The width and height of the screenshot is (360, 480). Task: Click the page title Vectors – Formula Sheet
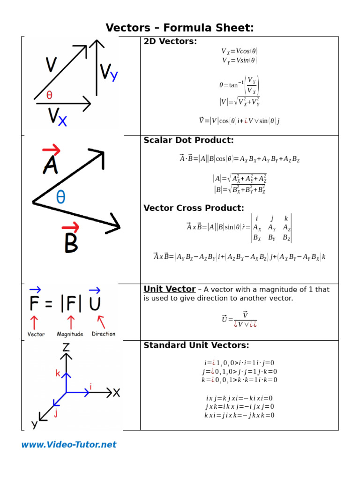[180, 28]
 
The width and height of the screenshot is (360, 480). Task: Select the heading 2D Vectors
[170, 41]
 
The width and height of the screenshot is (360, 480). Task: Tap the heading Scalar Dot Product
[188, 140]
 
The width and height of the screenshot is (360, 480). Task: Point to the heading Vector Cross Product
[194, 208]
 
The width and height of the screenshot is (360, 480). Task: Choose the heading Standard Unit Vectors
[196, 345]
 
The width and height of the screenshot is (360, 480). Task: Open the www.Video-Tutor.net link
[68, 444]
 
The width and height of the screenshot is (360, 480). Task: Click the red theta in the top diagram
[49, 95]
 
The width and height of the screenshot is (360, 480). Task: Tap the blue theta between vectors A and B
[60, 197]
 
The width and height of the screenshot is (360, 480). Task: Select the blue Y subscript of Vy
[113, 76]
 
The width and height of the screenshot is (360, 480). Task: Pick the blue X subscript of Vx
[62, 121]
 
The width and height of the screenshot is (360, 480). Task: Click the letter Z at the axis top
[67, 347]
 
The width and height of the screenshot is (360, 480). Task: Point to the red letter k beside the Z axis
[58, 373]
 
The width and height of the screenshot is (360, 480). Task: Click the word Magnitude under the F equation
[70, 334]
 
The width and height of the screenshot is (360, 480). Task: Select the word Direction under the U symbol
[104, 334]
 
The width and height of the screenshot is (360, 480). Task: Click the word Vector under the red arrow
[36, 334]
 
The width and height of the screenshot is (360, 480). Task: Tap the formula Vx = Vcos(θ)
[239, 51]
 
